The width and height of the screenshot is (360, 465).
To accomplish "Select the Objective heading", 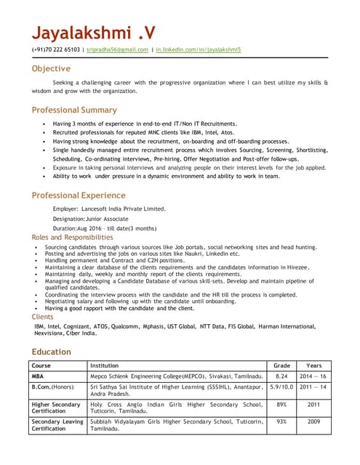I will (x=51, y=69).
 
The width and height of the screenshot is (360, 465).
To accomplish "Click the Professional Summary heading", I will (x=73, y=110).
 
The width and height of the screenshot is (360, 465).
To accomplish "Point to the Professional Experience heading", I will (x=78, y=195).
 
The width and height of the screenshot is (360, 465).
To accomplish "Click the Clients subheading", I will (x=42, y=318).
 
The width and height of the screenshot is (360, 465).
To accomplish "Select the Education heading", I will (x=51, y=352).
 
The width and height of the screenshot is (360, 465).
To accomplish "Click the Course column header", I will (x=41, y=365).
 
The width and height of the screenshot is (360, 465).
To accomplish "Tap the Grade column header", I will (x=281, y=365).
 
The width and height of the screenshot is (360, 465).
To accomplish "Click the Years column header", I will (x=314, y=365).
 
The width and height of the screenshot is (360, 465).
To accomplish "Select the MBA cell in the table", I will (x=38, y=377).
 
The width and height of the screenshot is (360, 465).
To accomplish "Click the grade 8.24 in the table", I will (x=281, y=377).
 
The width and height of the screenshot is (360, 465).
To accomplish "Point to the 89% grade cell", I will (x=281, y=405).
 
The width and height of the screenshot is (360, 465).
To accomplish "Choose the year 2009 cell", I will (x=314, y=421).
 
